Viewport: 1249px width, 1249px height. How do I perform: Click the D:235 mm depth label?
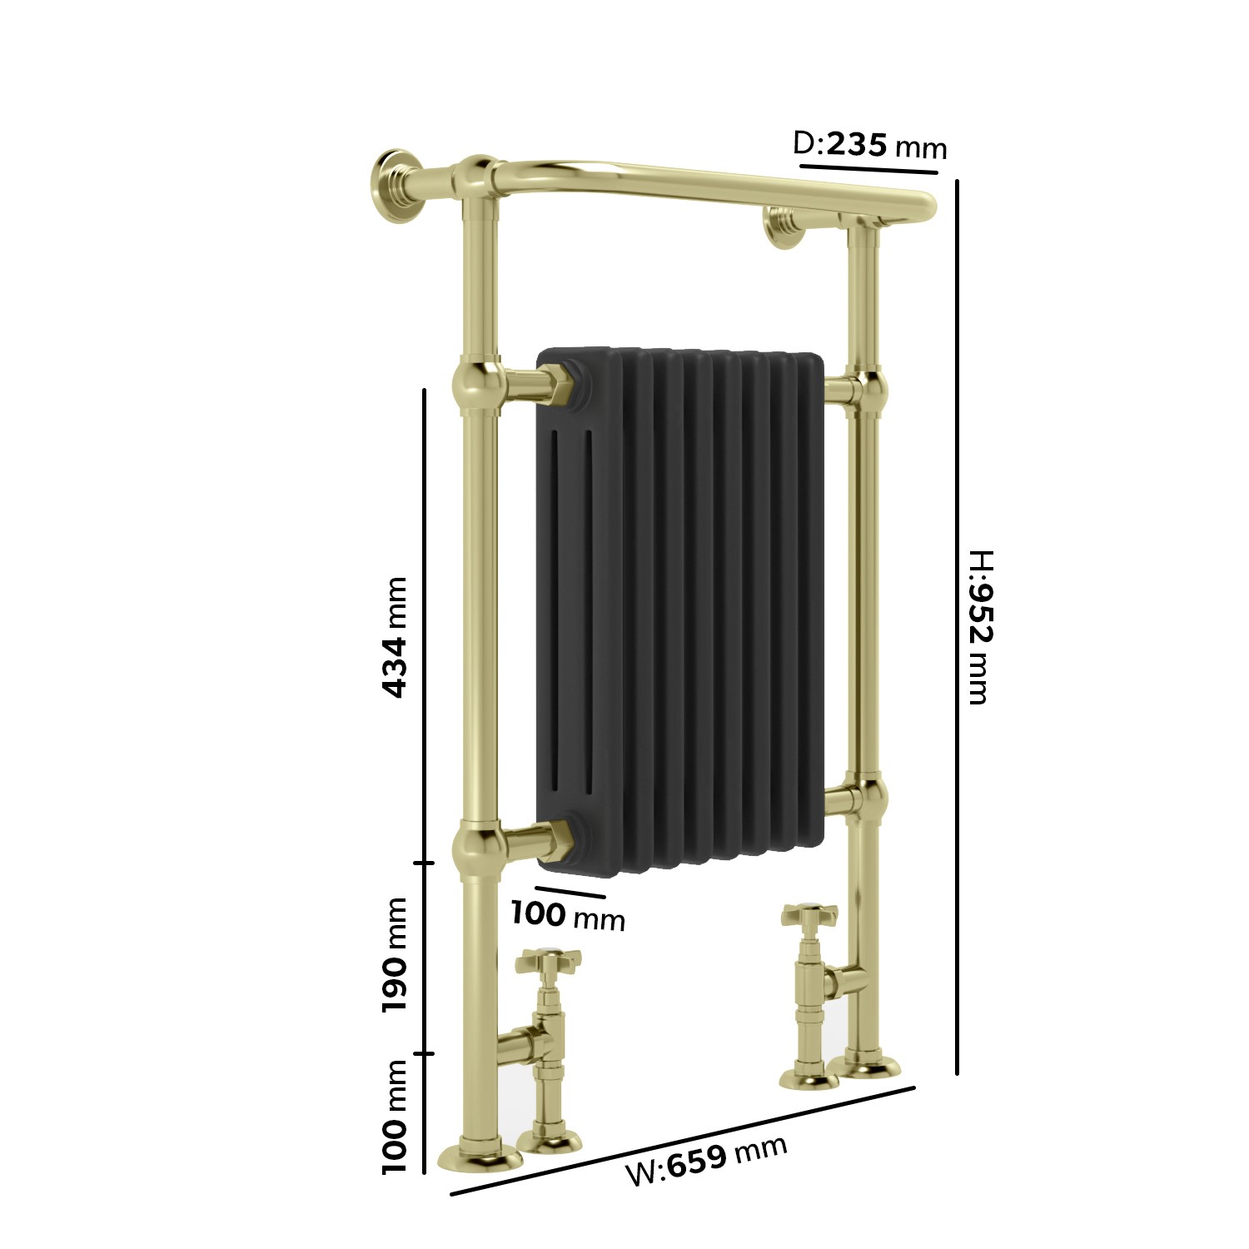tap(869, 146)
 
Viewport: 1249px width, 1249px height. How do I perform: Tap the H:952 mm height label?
tap(979, 626)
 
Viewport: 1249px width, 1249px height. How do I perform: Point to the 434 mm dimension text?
tap(394, 636)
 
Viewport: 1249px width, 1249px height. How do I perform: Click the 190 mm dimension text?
tap(394, 954)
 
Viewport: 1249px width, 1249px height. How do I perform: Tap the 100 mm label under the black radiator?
tap(567, 916)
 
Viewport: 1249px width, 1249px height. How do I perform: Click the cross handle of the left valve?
tap(547, 962)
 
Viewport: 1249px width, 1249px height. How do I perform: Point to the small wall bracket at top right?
tap(783, 227)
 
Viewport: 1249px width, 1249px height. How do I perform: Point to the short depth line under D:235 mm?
tap(868, 170)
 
